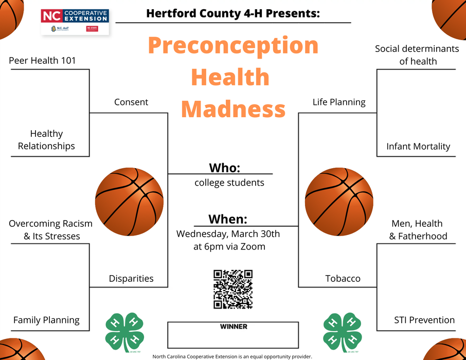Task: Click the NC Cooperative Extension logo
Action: [x=75, y=22]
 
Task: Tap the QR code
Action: [x=233, y=290]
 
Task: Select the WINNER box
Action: [x=233, y=335]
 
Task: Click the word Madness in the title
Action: [x=233, y=109]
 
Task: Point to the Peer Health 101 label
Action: [x=42, y=61]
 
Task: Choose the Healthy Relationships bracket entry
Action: [x=46, y=140]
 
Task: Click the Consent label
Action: [x=131, y=102]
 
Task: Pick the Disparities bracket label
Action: [x=131, y=279]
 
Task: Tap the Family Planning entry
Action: [x=46, y=320]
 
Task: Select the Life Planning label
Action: [x=339, y=102]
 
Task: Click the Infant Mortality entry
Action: [x=418, y=147]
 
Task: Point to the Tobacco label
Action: [x=343, y=279]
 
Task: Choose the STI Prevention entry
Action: [x=424, y=320]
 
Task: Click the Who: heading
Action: [x=225, y=168]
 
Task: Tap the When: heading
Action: [x=228, y=219]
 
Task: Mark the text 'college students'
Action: [x=229, y=183]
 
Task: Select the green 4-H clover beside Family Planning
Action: [x=124, y=329]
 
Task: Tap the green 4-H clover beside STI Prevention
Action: [x=342, y=329]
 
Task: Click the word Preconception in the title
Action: [x=233, y=45]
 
